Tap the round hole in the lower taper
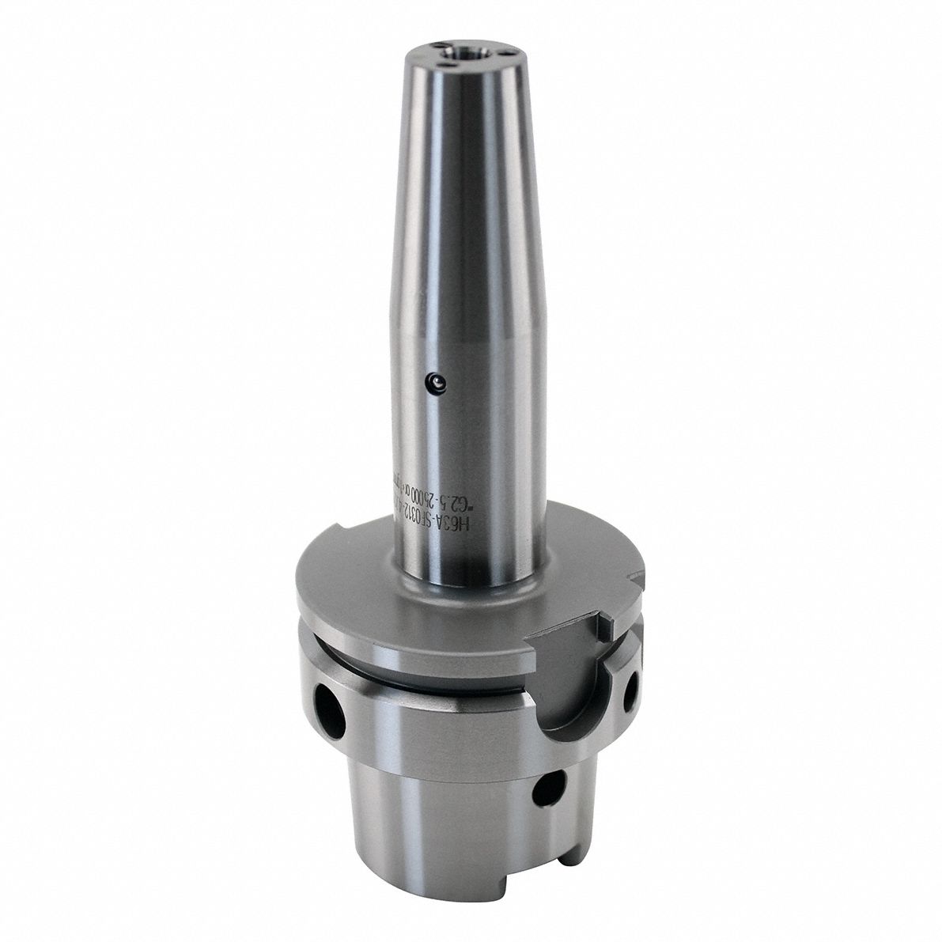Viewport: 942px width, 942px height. pyautogui.click(x=547, y=786)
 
